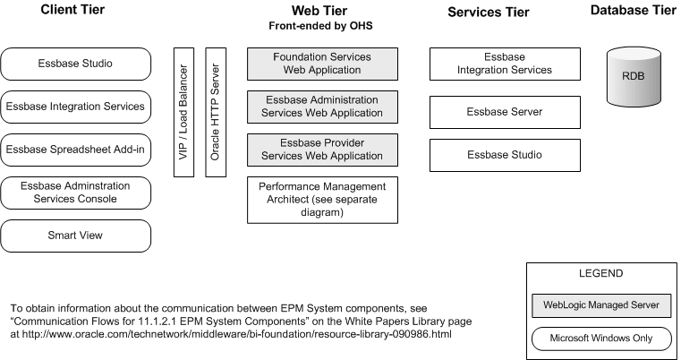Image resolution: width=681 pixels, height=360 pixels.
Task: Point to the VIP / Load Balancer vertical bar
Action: (x=183, y=112)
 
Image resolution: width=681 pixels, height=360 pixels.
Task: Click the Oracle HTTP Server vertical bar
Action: (x=215, y=112)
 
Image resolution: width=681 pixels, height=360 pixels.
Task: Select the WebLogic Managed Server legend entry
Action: (x=601, y=305)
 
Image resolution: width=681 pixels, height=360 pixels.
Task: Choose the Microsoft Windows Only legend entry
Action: (x=601, y=339)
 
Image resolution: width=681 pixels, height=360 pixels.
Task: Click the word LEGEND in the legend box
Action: (x=601, y=273)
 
